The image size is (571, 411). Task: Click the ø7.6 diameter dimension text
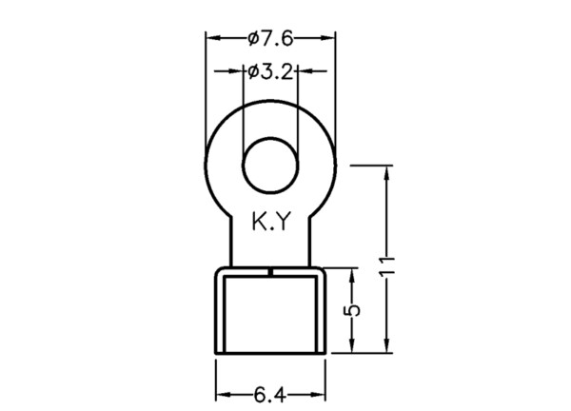270,39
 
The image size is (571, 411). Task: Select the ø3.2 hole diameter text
270,72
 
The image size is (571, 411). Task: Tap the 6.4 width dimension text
270,396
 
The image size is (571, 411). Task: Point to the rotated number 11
386,266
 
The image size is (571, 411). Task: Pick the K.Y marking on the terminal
271,222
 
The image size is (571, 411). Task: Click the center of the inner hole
270,166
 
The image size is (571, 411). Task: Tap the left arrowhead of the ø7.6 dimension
213,38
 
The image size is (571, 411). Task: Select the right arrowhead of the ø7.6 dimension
327,38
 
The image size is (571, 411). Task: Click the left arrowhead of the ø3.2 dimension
235,71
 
